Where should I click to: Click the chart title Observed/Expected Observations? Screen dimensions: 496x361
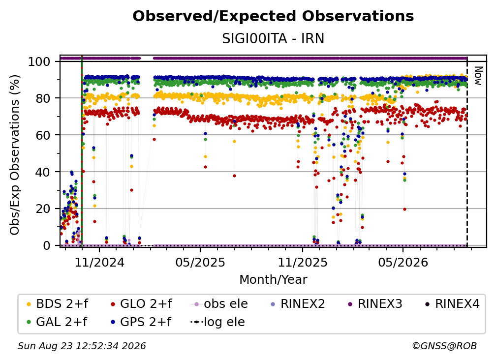(273, 16)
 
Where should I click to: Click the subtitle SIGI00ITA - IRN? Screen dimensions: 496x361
(273, 39)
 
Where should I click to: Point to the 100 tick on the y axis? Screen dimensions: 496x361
(39, 61)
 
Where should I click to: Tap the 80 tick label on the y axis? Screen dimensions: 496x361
(43, 98)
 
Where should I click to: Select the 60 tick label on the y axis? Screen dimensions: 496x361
(43, 135)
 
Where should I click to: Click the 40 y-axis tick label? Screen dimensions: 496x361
(43, 172)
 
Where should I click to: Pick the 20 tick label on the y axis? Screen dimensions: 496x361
(43, 209)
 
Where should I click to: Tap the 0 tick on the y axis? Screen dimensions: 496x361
(47, 245)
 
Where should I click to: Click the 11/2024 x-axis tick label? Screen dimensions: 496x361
(99, 263)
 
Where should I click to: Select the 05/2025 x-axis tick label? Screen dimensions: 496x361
(200, 263)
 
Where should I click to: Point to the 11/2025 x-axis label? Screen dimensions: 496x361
(303, 263)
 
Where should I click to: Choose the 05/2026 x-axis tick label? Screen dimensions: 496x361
(403, 263)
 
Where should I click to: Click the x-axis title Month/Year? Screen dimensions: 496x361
(273, 280)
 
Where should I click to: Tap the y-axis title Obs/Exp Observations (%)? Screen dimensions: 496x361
(15, 154)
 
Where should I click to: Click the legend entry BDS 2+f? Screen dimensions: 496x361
(58, 304)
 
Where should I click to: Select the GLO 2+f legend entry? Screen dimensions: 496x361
(141, 304)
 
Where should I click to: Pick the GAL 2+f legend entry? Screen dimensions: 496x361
(57, 322)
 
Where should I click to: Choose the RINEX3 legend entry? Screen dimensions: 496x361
(375, 304)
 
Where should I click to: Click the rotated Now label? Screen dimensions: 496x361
(478, 76)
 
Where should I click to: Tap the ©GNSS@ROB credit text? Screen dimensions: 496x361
(444, 346)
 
